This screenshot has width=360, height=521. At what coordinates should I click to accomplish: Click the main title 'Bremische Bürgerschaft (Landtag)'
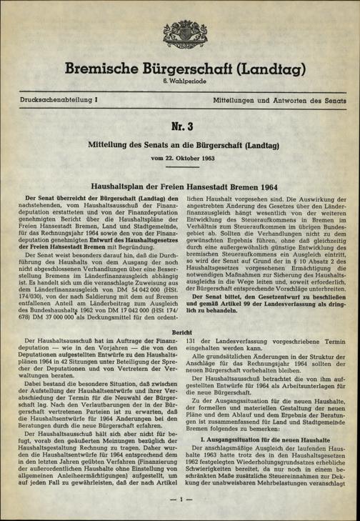coord(179,70)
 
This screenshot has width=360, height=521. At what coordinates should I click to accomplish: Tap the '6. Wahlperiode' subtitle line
coord(179,84)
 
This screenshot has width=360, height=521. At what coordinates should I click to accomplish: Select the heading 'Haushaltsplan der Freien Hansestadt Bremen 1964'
coord(179,186)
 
